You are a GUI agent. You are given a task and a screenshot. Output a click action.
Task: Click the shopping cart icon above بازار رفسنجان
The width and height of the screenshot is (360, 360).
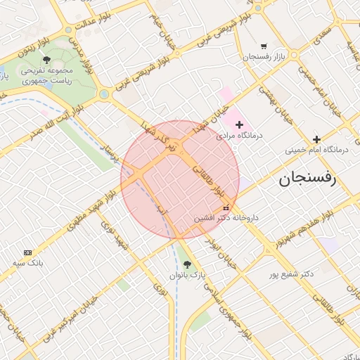(264, 45)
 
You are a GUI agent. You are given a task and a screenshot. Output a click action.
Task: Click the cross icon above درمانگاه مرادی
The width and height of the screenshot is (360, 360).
(239, 124)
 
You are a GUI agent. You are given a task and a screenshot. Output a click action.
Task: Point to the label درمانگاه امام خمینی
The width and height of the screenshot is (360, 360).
(316, 150)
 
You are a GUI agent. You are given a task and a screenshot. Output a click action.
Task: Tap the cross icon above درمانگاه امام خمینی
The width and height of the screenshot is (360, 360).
(316, 139)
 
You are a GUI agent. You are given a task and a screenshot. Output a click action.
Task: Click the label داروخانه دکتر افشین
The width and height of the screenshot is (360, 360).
(226, 218)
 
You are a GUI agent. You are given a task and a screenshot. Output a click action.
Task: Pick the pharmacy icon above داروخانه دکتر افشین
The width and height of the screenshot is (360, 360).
(226, 207)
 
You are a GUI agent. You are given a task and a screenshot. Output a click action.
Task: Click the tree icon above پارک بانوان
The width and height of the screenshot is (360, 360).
(186, 264)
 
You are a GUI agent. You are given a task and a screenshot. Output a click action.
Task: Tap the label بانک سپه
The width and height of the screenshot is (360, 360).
(28, 263)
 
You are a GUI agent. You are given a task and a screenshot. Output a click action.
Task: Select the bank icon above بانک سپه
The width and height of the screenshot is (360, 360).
(28, 252)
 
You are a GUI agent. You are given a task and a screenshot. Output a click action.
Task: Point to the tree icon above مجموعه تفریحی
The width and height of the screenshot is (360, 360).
(46, 60)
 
